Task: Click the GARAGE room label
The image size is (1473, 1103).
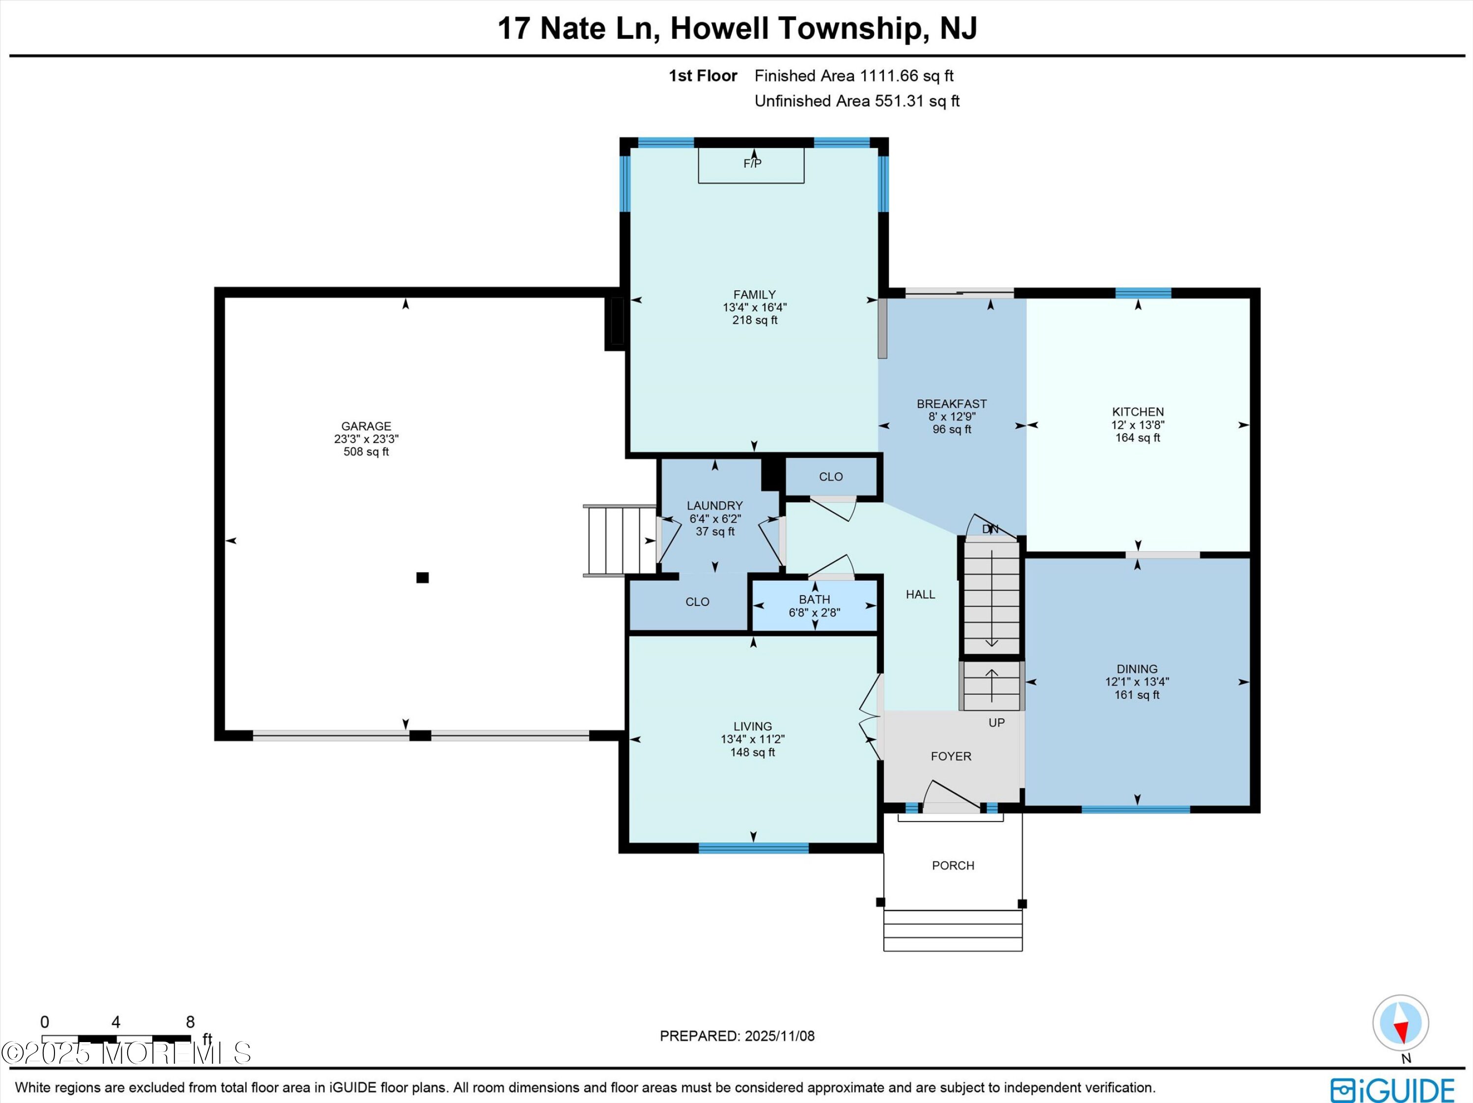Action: coord(366,426)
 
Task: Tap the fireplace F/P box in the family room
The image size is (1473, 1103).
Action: coord(751,165)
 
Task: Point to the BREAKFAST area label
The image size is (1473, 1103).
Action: coord(952,404)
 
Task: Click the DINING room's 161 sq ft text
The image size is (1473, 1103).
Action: coord(1137,695)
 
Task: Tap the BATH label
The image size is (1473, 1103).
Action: coord(815,600)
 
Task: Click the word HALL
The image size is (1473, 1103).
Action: coord(920,594)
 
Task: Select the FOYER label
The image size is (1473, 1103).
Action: coord(951,756)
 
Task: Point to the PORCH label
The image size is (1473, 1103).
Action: coord(953,865)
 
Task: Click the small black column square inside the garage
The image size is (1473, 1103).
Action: coord(422,578)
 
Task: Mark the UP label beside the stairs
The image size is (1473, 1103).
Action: coord(996,723)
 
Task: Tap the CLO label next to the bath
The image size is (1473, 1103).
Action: coord(697,602)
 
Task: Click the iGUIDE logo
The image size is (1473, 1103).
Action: coord(1392,1090)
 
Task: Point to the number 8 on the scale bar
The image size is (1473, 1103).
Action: coord(190,1022)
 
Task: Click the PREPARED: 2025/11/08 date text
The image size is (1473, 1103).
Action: coord(737,1036)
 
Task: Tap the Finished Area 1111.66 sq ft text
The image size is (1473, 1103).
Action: coord(854,76)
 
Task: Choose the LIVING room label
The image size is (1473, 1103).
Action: coord(753,726)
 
